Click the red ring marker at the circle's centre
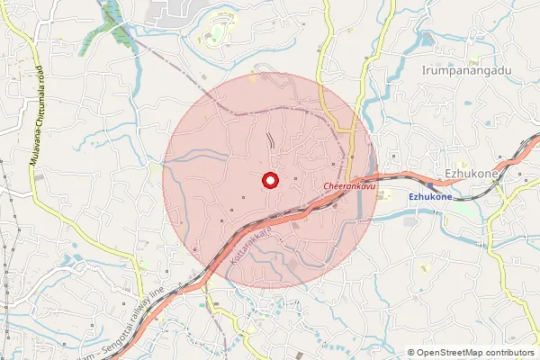pyautogui.click(x=268, y=181)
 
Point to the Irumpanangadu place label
pyautogui.click(x=465, y=69)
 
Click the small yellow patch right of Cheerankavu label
pyautogui.click(x=386, y=192)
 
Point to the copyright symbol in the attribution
pyautogui.click(x=410, y=353)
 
